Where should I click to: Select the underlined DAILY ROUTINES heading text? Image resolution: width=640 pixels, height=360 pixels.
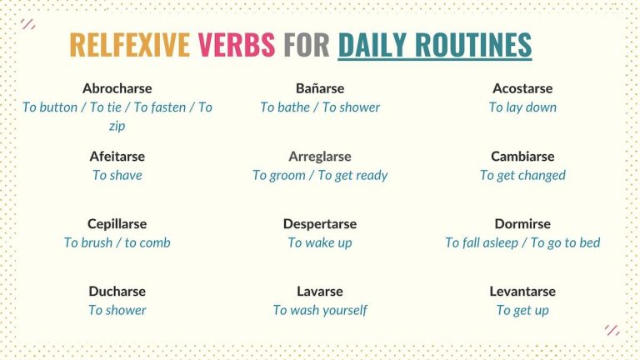[x=434, y=45]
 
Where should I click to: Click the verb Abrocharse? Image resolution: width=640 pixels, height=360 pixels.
[x=117, y=88]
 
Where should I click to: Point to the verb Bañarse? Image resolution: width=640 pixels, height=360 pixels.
[x=320, y=88]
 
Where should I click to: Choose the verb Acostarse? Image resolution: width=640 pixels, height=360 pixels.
[x=522, y=88]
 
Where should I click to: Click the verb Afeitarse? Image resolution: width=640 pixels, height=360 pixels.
[x=117, y=156]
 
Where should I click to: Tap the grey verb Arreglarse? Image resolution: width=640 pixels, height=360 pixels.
[x=320, y=156]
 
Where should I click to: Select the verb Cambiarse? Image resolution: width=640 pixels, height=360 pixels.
[x=522, y=156]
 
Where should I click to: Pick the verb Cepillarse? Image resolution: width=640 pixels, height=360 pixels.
[x=117, y=223]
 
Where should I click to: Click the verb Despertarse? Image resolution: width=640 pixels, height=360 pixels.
[x=320, y=223]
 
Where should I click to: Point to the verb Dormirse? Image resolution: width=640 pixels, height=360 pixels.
[x=522, y=223]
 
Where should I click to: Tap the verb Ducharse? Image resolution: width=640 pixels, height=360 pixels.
[x=117, y=291]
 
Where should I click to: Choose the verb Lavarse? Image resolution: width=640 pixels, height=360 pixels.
[x=320, y=291]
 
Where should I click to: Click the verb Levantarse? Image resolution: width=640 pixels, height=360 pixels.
[x=522, y=291]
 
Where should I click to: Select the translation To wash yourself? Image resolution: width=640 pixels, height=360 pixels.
[x=320, y=310]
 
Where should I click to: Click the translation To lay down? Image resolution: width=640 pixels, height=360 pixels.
[x=522, y=107]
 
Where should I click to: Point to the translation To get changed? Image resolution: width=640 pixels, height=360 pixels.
[x=522, y=175]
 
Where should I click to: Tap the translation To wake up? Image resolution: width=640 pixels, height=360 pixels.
[x=320, y=242]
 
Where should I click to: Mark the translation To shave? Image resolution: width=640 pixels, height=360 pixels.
[x=117, y=175]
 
